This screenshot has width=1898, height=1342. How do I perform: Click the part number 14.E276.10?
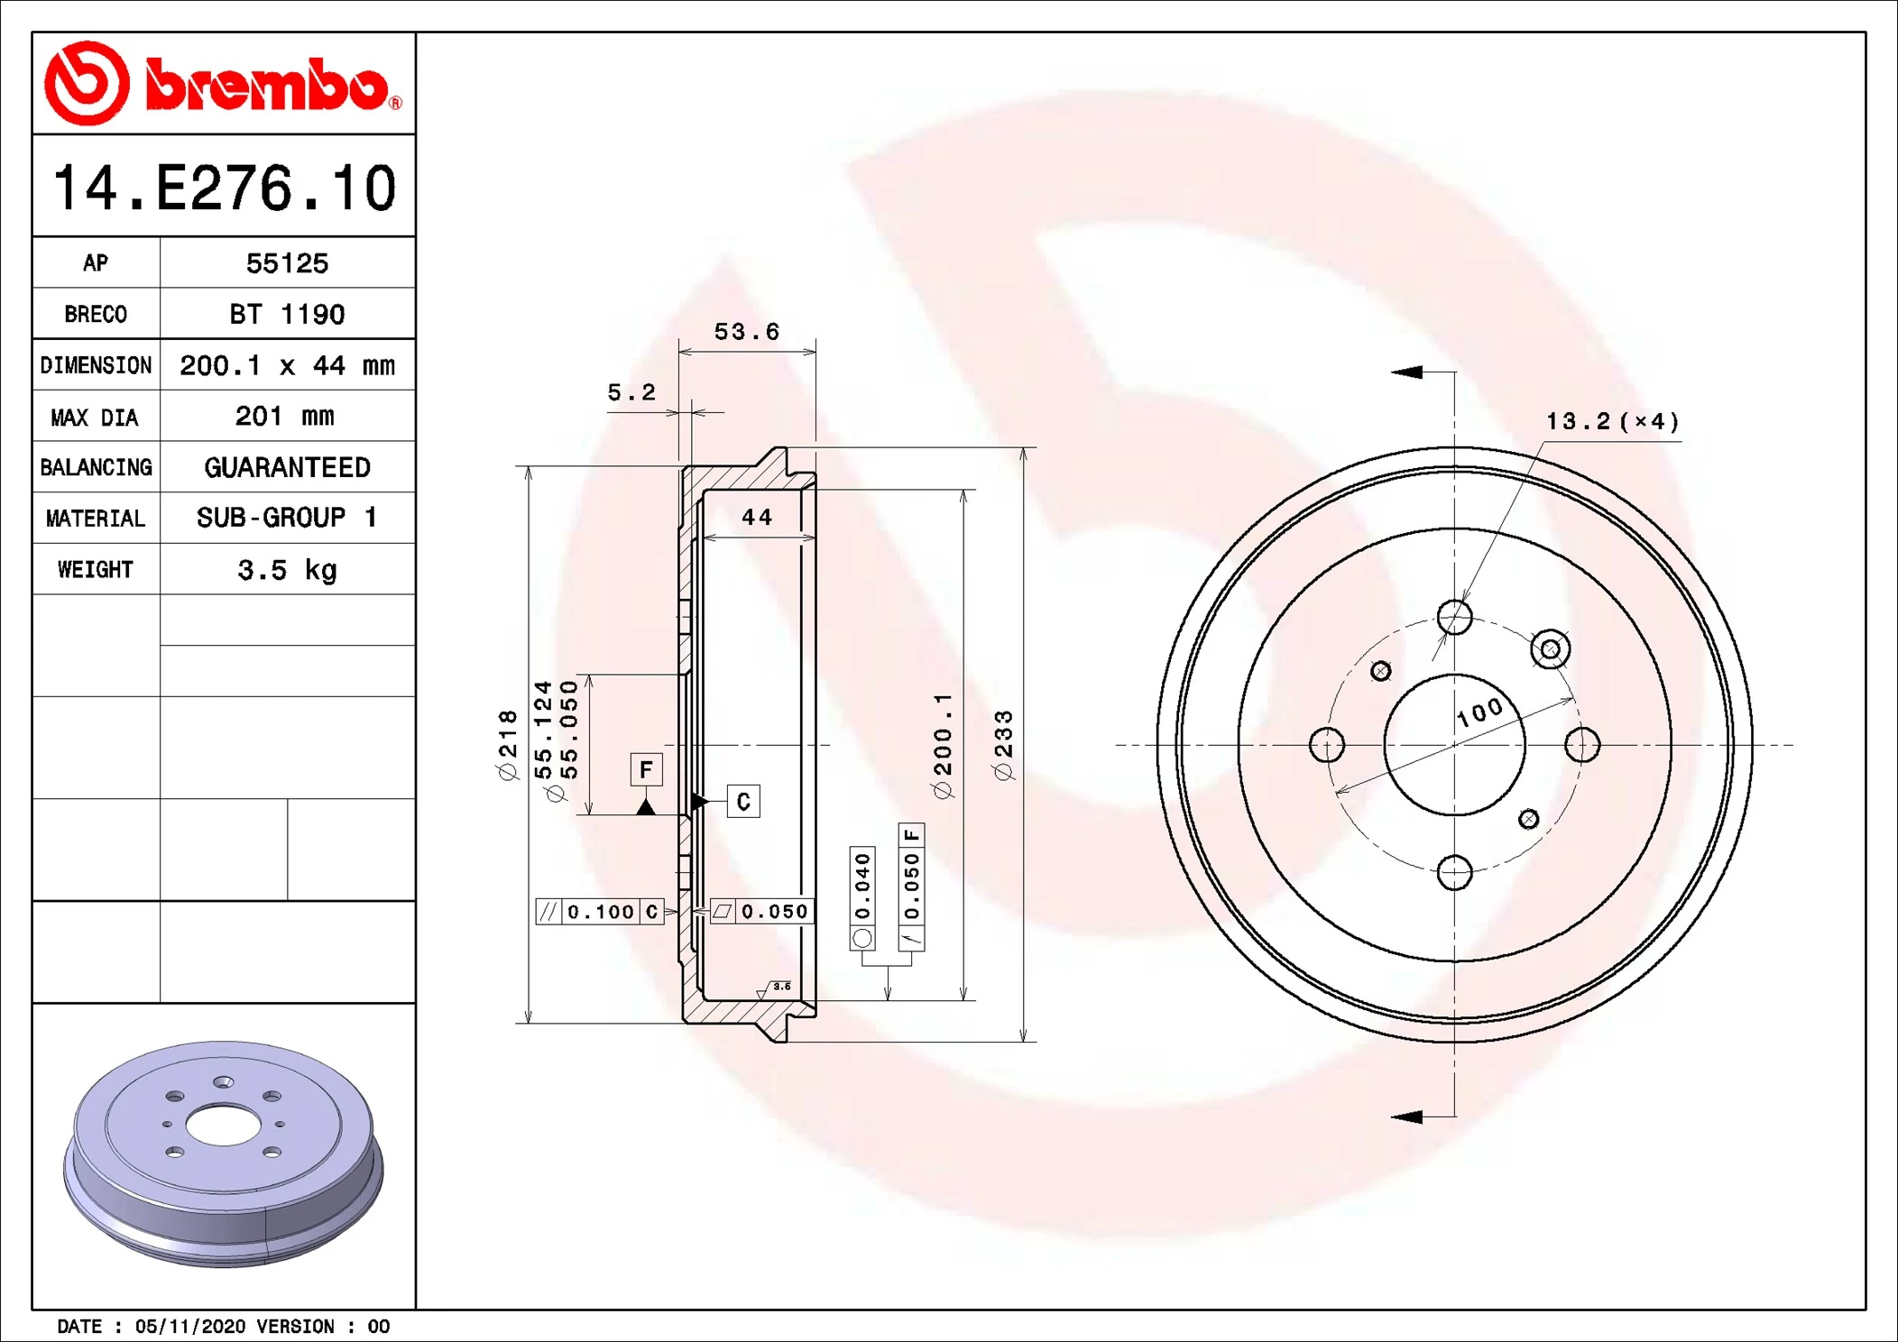tap(225, 188)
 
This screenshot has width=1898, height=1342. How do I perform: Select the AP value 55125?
tap(287, 263)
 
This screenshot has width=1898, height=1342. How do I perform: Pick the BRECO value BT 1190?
tap(287, 314)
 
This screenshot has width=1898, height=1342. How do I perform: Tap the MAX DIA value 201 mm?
tap(285, 416)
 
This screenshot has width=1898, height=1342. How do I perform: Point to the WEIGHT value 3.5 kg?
tap(287, 570)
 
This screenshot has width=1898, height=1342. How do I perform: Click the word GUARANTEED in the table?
tap(287, 467)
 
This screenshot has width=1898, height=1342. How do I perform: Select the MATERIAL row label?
tap(96, 519)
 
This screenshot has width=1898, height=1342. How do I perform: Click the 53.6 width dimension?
tap(746, 332)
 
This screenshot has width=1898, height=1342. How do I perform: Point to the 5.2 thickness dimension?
tap(631, 392)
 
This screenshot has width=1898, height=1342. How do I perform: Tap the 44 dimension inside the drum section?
tap(756, 518)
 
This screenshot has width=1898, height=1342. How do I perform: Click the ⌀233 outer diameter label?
tap(1003, 745)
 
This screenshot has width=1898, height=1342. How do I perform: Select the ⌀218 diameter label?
tap(508, 745)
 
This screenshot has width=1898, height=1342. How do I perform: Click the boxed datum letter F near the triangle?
tap(646, 769)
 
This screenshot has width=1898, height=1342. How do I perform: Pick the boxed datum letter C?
tap(743, 802)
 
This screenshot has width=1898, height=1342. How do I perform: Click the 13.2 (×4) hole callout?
tap(1612, 421)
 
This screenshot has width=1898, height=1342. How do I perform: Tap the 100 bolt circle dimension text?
tap(1480, 713)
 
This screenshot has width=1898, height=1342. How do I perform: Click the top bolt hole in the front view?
tap(1454, 618)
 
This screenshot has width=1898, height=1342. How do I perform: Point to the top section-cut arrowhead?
tap(1407, 372)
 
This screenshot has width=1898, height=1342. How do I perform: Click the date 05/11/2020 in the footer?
tap(189, 1326)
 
